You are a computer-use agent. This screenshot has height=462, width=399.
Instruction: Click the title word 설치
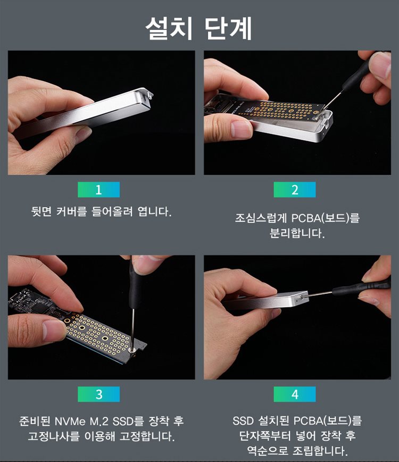[x=169, y=28]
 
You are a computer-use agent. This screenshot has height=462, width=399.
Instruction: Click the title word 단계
[x=229, y=28]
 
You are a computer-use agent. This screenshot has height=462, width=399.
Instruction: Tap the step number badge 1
[x=98, y=189]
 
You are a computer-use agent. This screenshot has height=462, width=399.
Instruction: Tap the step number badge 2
[x=295, y=189]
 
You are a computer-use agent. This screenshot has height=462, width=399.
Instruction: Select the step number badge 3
[x=98, y=394]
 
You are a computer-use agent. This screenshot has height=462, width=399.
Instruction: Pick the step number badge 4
[x=295, y=394]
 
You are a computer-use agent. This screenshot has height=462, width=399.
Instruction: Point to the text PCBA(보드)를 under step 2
[x=326, y=218]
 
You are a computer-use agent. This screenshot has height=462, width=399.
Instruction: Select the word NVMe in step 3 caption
[x=70, y=421]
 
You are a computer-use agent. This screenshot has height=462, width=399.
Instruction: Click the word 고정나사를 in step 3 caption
[x=54, y=436]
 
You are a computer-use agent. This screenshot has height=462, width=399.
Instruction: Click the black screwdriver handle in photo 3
[x=135, y=284]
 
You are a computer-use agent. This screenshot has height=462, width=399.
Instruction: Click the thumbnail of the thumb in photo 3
[x=53, y=329]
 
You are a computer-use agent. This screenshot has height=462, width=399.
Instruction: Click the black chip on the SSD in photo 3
[x=40, y=306]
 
